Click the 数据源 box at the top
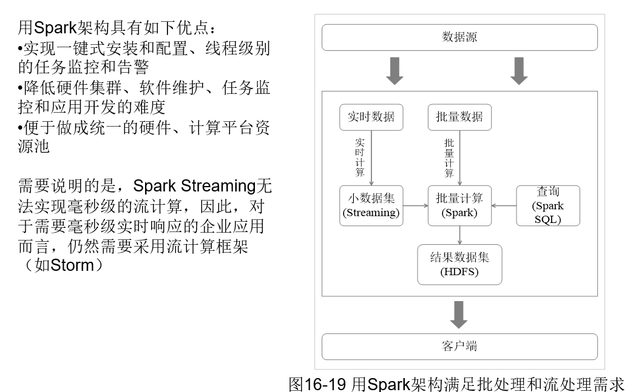pos(459,38)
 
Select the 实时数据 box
pos(371,118)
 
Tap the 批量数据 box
pos(459,118)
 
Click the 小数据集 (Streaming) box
pos(371,205)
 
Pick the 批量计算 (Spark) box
pos(459,205)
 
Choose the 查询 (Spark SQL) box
pos(547,205)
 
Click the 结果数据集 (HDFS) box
pos(459,264)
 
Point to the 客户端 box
pos(459,347)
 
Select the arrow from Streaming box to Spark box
pos(416,205)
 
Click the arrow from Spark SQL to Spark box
pos(503,205)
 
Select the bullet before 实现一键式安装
pos(21,48)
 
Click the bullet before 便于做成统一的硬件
pos(21,128)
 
